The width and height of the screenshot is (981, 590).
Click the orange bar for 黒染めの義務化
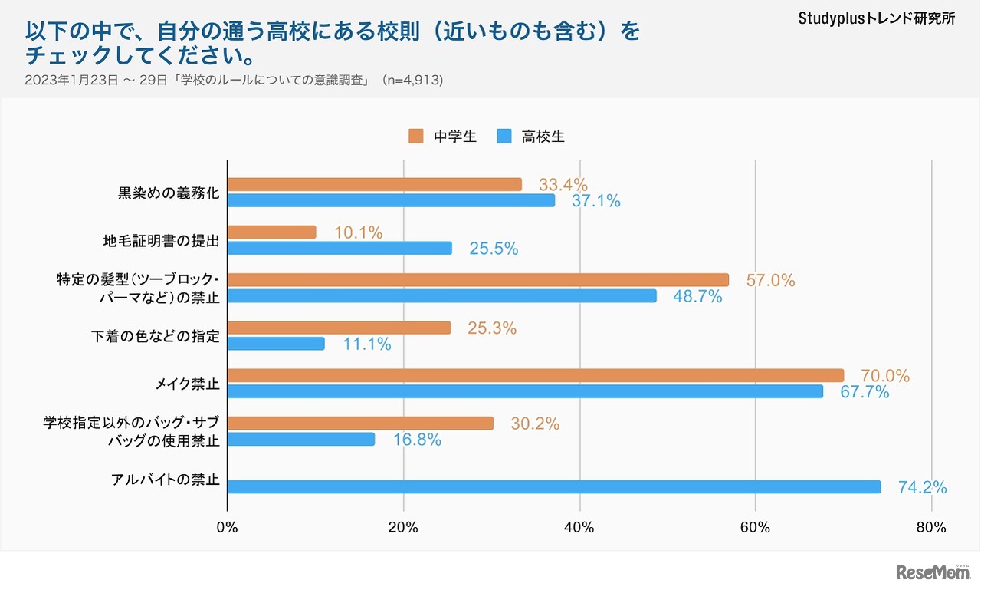click(375, 185)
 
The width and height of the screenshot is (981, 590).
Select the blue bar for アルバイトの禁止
click(554, 486)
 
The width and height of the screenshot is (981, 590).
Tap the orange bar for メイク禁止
click(536, 375)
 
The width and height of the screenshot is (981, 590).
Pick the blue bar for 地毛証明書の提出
click(340, 248)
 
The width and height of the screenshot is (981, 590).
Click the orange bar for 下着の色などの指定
click(339, 328)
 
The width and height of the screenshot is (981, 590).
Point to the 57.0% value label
click(770, 280)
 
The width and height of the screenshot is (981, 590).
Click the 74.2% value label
click(922, 487)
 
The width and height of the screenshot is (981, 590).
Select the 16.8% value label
click(416, 440)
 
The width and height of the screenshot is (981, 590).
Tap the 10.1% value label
click(358, 232)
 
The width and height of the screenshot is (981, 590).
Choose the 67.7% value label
click(865, 392)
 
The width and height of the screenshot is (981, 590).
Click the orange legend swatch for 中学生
click(416, 137)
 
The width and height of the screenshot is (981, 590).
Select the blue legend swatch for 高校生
click(504, 137)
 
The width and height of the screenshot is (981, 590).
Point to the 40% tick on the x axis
click(579, 527)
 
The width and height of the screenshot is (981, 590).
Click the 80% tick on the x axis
click(931, 527)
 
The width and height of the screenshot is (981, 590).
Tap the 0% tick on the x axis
click(228, 527)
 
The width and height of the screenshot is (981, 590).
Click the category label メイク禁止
click(187, 384)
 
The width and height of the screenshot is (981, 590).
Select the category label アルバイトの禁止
click(165, 480)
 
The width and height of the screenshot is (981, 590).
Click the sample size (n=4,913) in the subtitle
click(413, 80)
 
